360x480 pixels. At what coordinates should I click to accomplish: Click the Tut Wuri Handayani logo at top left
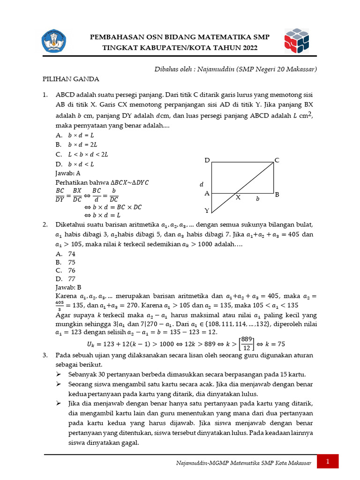(x=55, y=41)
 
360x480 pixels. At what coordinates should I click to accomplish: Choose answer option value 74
(x=72, y=254)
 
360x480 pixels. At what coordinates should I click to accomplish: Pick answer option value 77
(x=72, y=279)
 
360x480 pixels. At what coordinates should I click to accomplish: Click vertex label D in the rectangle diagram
(x=207, y=161)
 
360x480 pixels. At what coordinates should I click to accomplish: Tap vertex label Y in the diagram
(x=207, y=210)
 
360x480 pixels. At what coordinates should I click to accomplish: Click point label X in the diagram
(x=238, y=198)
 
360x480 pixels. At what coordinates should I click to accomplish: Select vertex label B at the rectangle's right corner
(x=277, y=194)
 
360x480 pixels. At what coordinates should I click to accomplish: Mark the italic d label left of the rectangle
(x=202, y=184)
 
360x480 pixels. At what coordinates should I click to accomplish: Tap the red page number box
(x=328, y=462)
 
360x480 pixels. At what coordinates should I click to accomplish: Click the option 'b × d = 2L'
(x=82, y=145)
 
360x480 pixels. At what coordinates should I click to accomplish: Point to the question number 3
(x=45, y=355)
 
